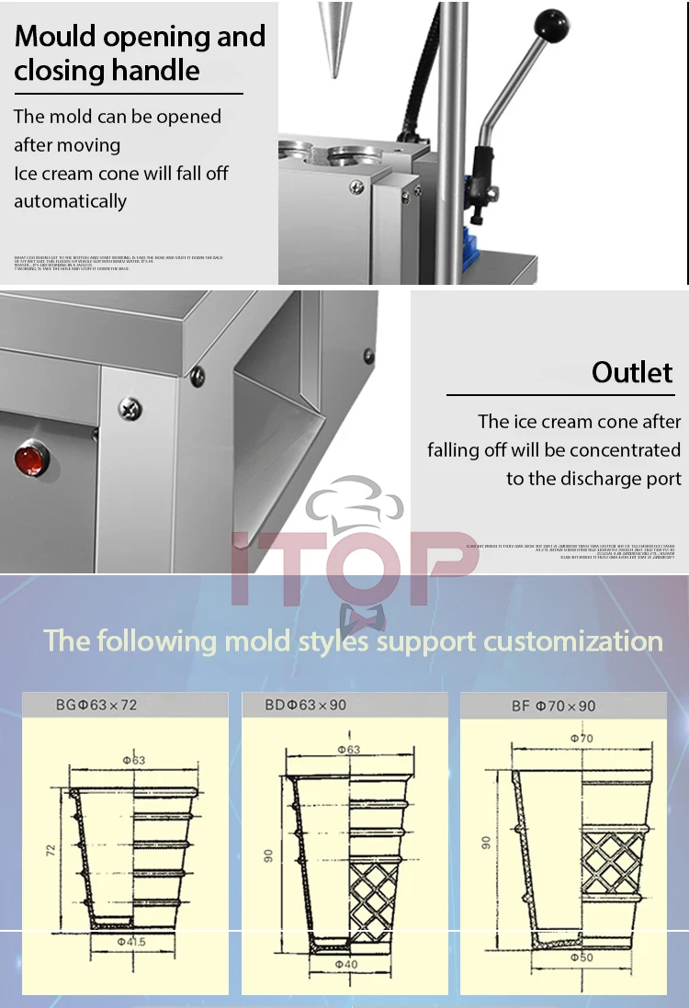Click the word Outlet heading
pyautogui.click(x=632, y=372)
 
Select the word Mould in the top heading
pyautogui.click(x=62, y=37)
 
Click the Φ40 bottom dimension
pyautogui.click(x=347, y=964)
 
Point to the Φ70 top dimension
pyautogui.click(x=581, y=738)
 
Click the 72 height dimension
pyautogui.click(x=51, y=850)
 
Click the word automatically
pyautogui.click(x=70, y=201)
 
